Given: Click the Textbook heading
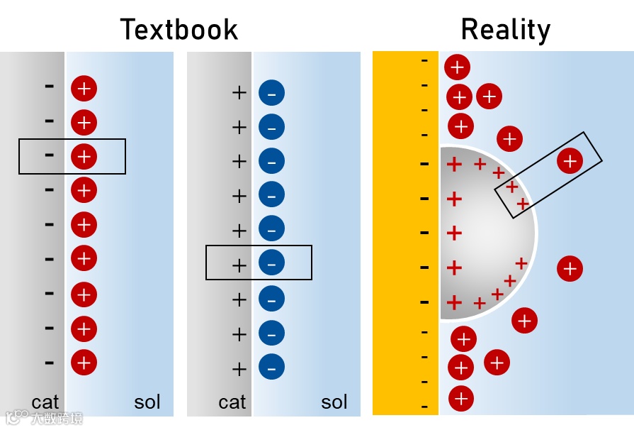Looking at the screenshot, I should click(179, 30).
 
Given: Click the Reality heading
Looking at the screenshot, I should click(505, 30).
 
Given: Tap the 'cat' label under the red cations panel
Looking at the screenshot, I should click(45, 403).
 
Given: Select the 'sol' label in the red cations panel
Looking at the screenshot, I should click(147, 403).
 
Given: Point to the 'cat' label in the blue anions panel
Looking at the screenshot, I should click(232, 403).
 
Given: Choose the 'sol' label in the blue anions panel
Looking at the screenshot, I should click(334, 403).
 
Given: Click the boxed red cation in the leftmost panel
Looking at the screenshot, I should click(84, 156).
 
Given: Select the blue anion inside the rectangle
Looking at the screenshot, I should click(271, 263).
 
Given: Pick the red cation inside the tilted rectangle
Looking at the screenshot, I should click(570, 161).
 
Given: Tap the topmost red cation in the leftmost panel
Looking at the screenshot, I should click(84, 89).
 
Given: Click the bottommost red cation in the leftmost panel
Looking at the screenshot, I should click(84, 363).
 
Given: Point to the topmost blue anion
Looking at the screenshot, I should click(271, 93).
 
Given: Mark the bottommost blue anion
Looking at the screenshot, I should click(271, 367).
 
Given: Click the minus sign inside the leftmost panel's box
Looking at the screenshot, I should click(49, 155).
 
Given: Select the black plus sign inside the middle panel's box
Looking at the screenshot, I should click(239, 265).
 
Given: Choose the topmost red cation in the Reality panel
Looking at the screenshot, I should click(457, 67).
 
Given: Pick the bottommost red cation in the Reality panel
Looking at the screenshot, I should click(460, 399).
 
